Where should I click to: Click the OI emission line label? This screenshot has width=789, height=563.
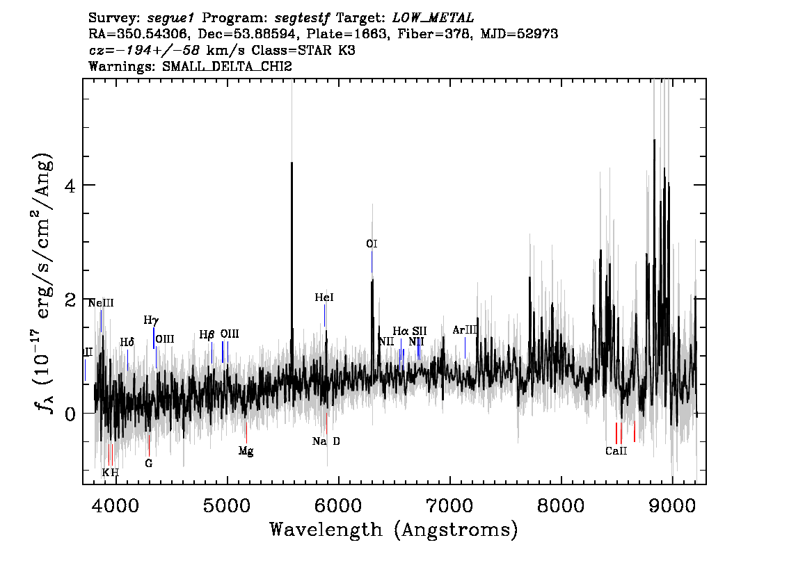pyautogui.click(x=372, y=244)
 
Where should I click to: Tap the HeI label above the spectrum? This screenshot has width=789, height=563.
pyautogui.click(x=324, y=297)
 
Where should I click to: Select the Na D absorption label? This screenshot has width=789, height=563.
pyautogui.click(x=326, y=441)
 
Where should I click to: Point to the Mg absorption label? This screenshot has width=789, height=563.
pyautogui.click(x=246, y=451)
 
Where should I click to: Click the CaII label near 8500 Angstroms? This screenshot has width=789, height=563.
pyautogui.click(x=616, y=451)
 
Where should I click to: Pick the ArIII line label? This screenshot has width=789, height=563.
pyautogui.click(x=465, y=330)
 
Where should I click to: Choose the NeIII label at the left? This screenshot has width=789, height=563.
pyautogui.click(x=101, y=303)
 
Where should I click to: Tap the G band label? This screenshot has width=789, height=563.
pyautogui.click(x=148, y=464)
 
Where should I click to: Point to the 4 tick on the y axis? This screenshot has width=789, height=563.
pyautogui.click(x=70, y=186)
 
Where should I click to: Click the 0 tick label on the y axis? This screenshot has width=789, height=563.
pyautogui.click(x=70, y=414)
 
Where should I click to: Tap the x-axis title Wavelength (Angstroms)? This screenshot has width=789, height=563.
pyautogui.click(x=394, y=530)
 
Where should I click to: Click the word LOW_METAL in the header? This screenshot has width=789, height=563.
pyautogui.click(x=433, y=18)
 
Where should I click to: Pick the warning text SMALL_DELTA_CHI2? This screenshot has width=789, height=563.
pyautogui.click(x=227, y=66)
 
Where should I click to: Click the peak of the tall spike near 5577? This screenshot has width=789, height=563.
pyautogui.click(x=292, y=163)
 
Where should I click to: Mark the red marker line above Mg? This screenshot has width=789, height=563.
pyautogui.click(x=246, y=432)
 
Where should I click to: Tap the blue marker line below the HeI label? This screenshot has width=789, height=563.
pyautogui.click(x=324, y=315)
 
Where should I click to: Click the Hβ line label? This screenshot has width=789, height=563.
pyautogui.click(x=207, y=335)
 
